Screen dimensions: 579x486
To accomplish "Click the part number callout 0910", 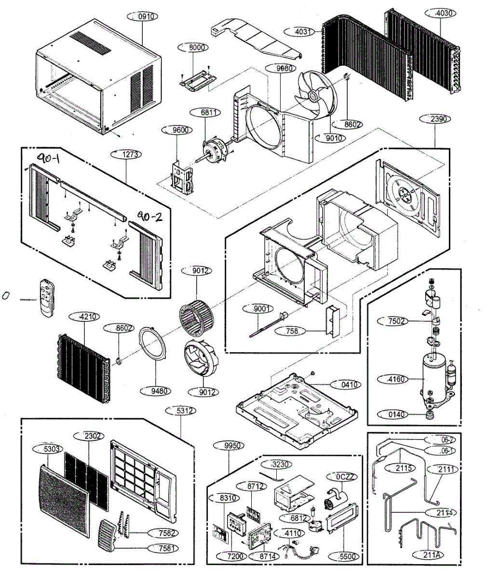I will (142, 16).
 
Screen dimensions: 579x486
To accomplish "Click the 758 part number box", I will (291, 331).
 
